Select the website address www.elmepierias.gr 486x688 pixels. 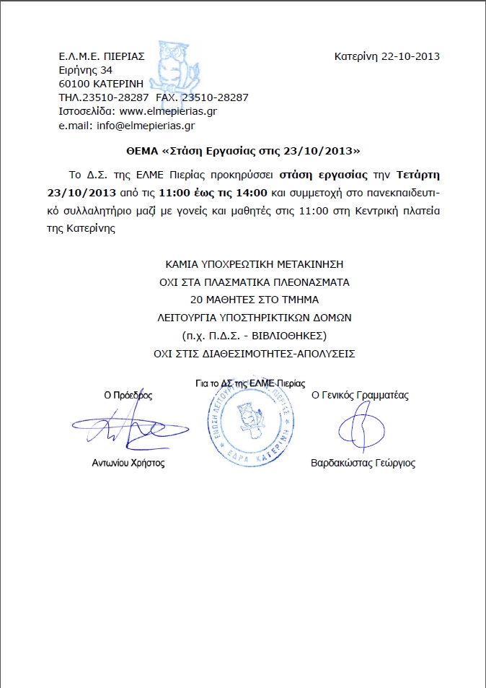point(168,111)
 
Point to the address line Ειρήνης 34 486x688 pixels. point(85,70)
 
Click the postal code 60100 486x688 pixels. point(72,84)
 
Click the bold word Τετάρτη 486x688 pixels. point(418,175)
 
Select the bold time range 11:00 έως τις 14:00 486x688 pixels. point(213,193)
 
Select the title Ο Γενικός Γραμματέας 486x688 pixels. point(360,395)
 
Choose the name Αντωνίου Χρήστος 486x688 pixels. point(128,463)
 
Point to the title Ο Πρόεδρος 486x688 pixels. point(128,395)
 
